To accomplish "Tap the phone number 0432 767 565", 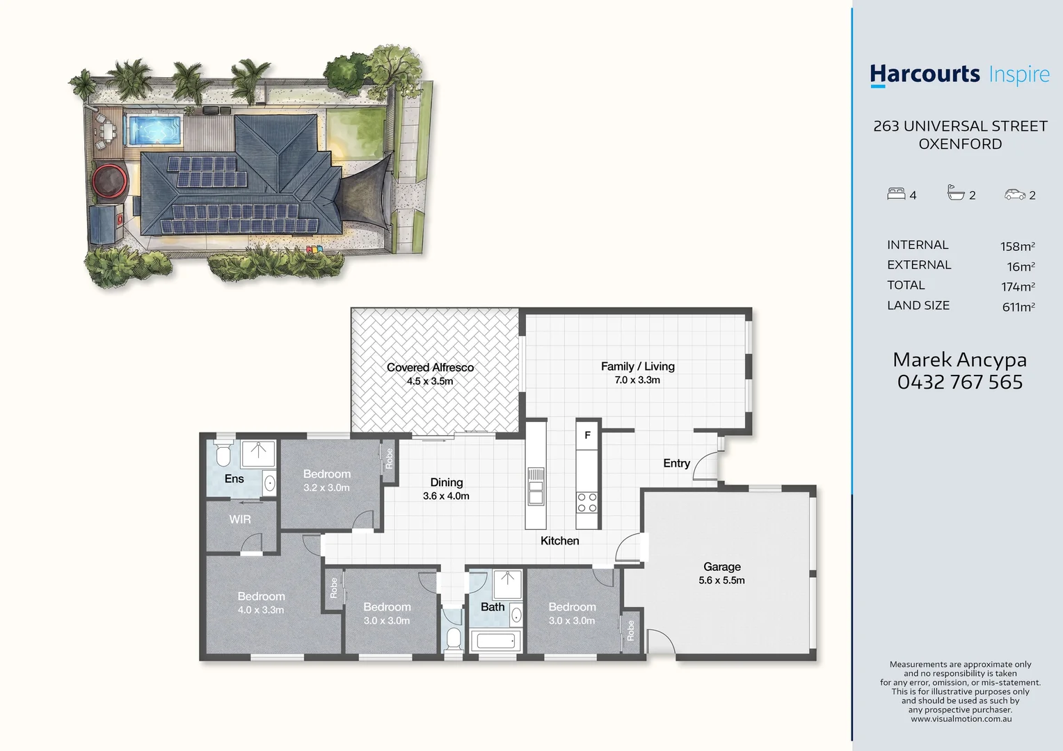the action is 959,382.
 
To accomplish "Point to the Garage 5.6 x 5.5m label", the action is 722,573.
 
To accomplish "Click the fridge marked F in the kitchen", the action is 587,435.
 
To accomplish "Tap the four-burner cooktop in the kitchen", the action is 587,503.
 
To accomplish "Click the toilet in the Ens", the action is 223,453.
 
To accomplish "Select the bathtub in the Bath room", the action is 495,641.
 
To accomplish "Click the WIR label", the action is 239,519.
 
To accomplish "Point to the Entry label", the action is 676,464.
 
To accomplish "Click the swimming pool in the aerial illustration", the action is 153,131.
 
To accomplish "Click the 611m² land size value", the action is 1018,307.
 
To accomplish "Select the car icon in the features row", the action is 1014,195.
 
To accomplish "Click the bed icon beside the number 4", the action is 896,193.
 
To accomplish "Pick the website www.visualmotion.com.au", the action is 961,719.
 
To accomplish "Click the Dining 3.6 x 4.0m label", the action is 446,489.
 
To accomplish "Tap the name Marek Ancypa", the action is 959,360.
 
